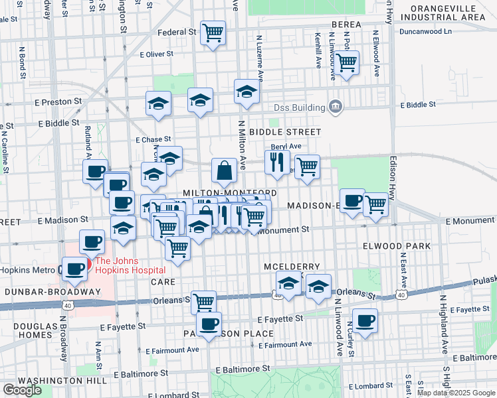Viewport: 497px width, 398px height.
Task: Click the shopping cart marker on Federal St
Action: click(x=213, y=32)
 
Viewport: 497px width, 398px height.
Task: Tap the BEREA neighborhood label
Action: click(x=346, y=25)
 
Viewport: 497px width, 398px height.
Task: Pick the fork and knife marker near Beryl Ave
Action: click(x=276, y=162)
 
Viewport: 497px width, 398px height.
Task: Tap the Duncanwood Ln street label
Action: click(x=426, y=31)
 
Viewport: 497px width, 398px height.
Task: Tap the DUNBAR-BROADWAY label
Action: click(x=43, y=292)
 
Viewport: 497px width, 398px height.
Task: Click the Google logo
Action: click(x=22, y=390)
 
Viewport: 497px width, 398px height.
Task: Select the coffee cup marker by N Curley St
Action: click(x=365, y=321)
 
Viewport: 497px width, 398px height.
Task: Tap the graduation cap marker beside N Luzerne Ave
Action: click(x=247, y=92)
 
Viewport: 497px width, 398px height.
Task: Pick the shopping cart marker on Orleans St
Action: click(x=203, y=302)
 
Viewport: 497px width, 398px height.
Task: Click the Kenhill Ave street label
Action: click(x=318, y=50)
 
